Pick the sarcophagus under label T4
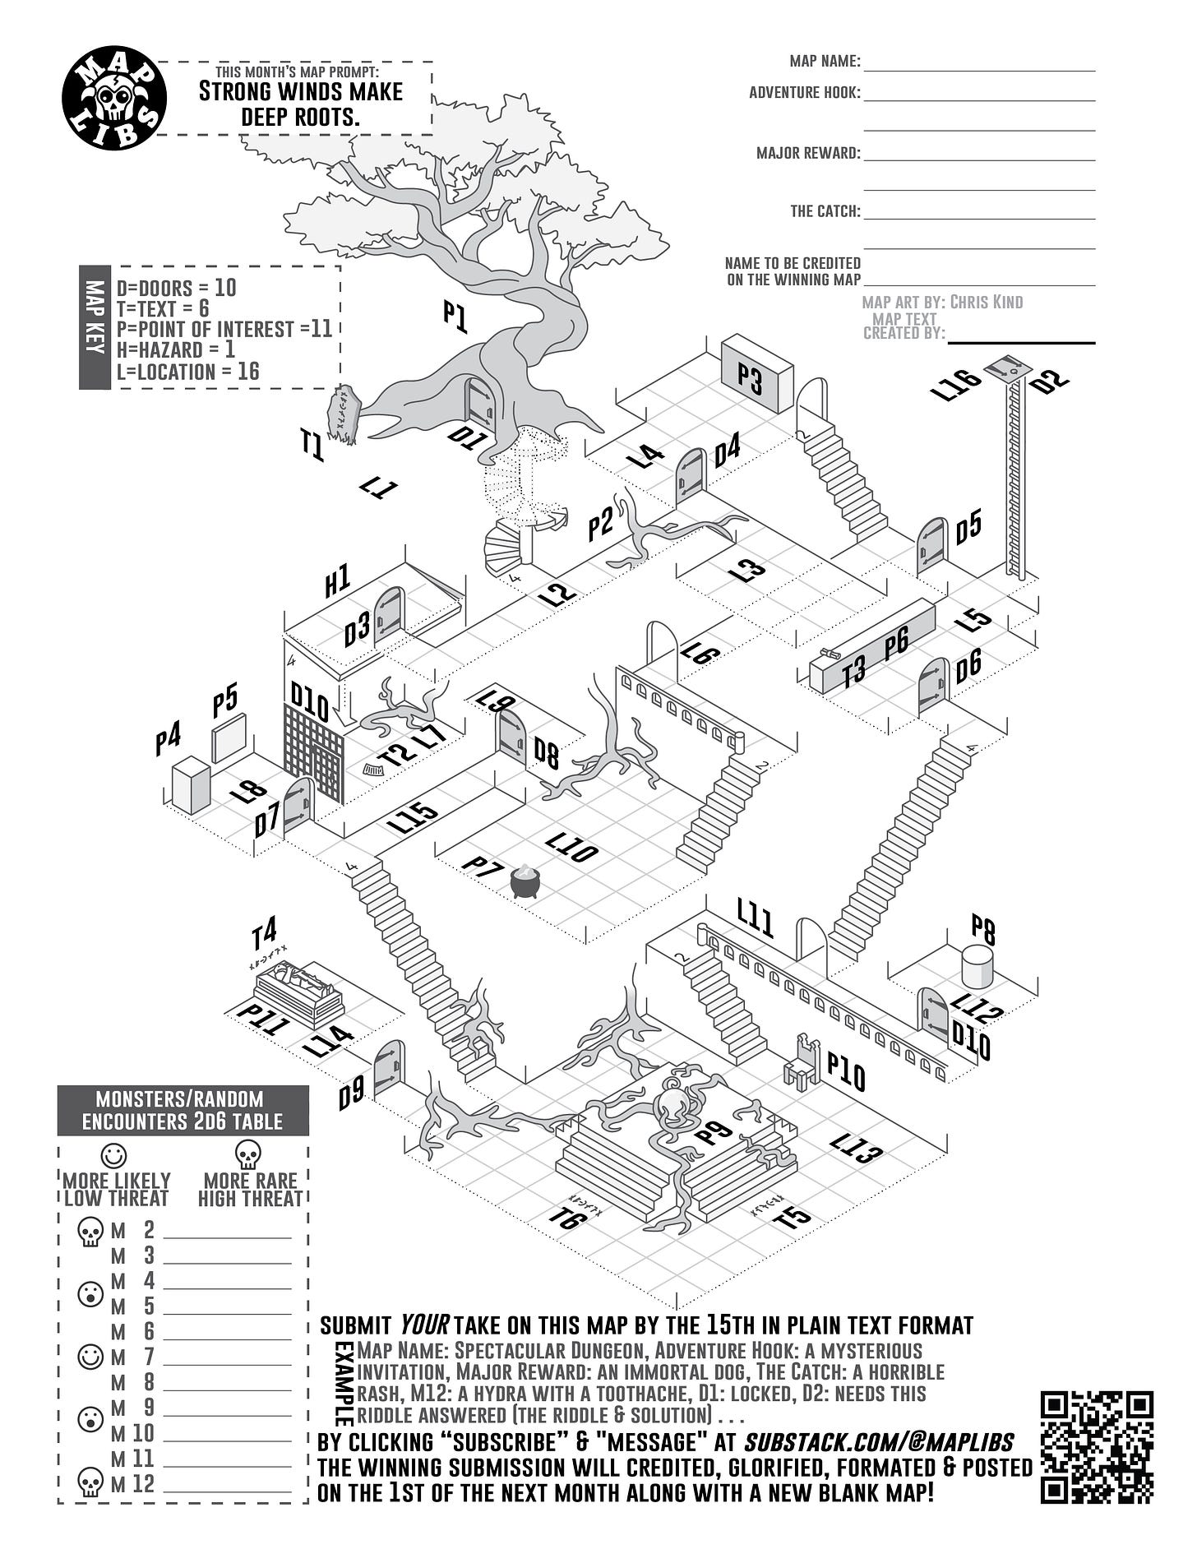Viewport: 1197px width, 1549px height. click(x=298, y=993)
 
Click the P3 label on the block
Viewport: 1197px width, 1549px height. click(x=750, y=379)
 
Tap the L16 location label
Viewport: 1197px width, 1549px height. click(x=956, y=384)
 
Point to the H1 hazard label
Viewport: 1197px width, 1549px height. click(x=337, y=582)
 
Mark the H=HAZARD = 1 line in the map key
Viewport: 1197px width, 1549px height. click(x=175, y=349)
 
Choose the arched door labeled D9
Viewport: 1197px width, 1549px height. click(x=388, y=1068)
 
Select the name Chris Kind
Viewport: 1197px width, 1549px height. click(x=987, y=302)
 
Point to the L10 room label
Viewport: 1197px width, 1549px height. click(x=571, y=847)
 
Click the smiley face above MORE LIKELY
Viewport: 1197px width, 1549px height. click(x=113, y=1154)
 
